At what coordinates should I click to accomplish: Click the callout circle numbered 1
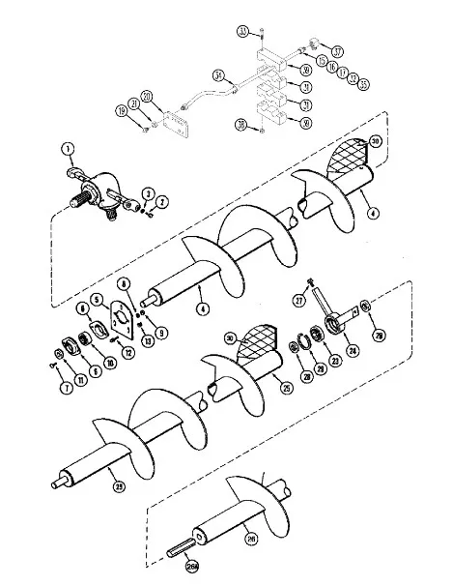(69, 148)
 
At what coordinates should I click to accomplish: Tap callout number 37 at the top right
(338, 49)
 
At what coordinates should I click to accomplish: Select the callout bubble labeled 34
(218, 75)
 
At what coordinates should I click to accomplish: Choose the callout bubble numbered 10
(111, 362)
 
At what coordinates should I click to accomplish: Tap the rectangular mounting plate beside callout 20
(176, 125)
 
